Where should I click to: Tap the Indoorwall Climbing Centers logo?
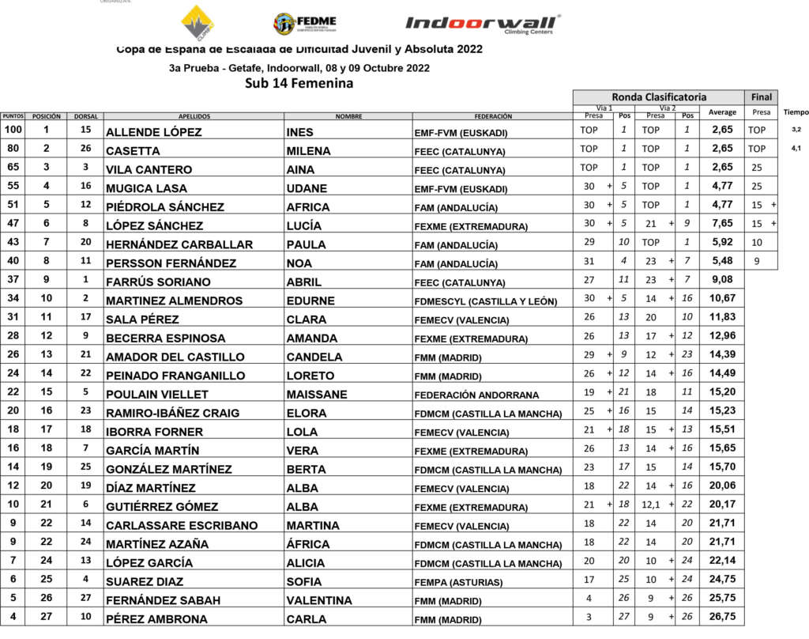(483, 25)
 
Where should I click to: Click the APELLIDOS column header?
(194, 116)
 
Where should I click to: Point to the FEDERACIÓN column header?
(493, 116)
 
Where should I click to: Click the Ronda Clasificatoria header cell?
(659, 96)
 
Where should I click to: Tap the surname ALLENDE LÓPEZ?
(153, 132)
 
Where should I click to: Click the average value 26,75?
(722, 618)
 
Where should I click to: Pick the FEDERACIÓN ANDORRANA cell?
(476, 394)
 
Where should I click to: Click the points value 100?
(13, 129)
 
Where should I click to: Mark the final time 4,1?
(795, 148)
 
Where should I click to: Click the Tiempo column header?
(796, 112)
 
